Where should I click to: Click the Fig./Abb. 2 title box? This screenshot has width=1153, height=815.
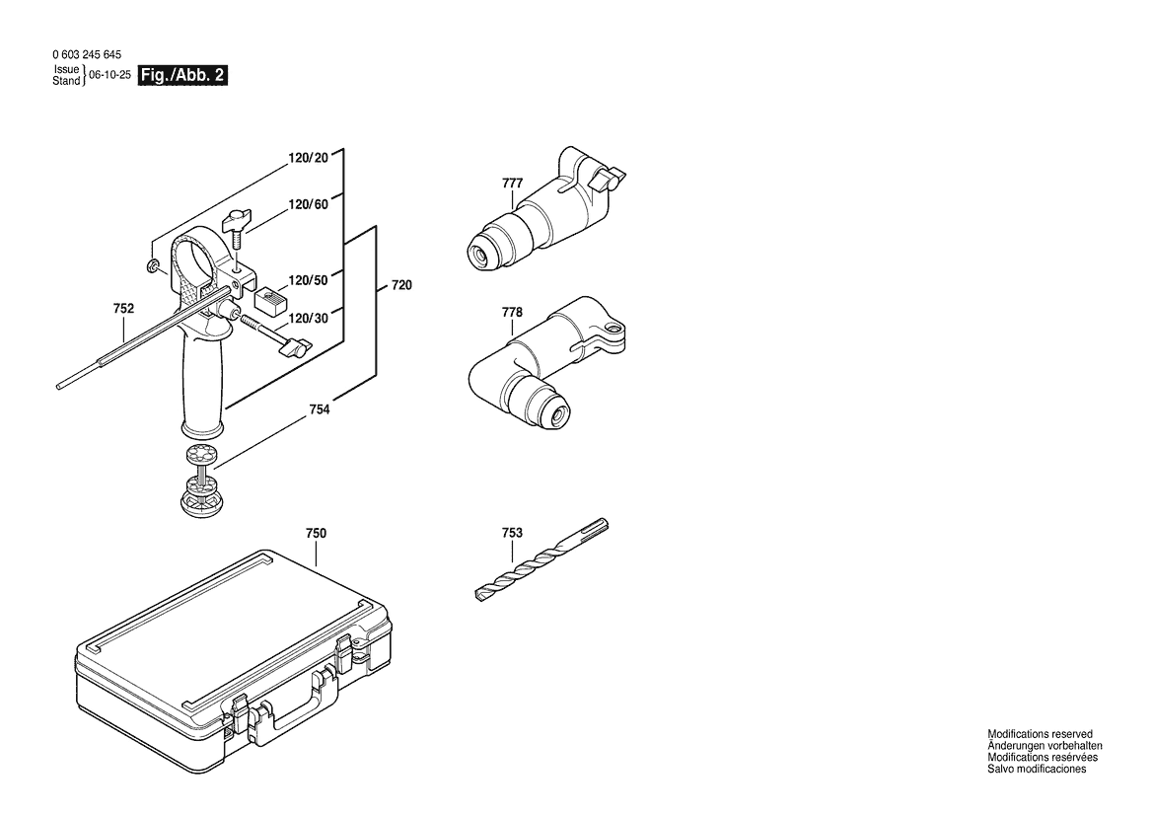183,75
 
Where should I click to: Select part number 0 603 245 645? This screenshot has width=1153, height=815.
88,54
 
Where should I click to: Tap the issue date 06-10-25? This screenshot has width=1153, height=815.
109,75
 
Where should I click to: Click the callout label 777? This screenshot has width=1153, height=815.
513,184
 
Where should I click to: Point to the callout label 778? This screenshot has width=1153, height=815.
513,312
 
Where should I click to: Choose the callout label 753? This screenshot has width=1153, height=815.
513,533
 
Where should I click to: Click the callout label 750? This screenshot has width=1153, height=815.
316,533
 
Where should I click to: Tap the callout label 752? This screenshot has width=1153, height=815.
123,309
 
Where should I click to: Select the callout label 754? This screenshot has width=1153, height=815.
320,409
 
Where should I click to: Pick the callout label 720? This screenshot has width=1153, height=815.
401,285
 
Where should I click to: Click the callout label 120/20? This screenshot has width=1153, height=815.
308,158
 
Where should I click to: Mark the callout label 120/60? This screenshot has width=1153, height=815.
308,204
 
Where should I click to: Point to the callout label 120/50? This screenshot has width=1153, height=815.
308,280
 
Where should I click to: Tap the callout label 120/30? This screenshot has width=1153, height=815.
308,318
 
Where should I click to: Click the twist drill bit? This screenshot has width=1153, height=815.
541,559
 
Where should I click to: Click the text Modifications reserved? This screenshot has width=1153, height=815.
1040,734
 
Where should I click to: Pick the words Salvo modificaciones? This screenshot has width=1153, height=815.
1036,770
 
